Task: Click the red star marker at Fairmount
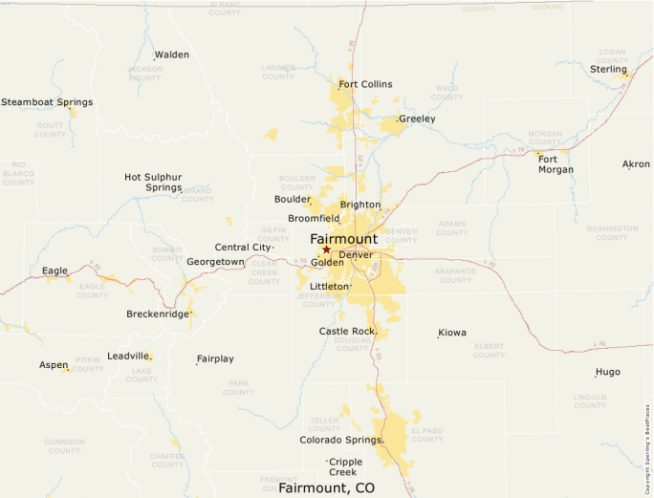point(326,249)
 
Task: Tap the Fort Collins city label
point(365,84)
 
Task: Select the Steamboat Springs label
point(47,101)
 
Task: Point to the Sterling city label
point(608,69)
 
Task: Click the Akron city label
point(636,164)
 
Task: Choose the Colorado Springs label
point(341,440)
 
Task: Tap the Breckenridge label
point(157,314)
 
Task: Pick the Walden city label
point(172,54)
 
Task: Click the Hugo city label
point(607,372)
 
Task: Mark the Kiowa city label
point(452,333)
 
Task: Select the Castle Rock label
point(347,331)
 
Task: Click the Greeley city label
point(417,119)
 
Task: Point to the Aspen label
point(54,364)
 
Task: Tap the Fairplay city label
point(215,359)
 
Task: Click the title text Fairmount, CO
point(327,487)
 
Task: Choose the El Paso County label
point(426,435)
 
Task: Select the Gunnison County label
point(64,445)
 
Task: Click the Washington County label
point(612,232)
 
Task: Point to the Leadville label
point(128,356)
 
